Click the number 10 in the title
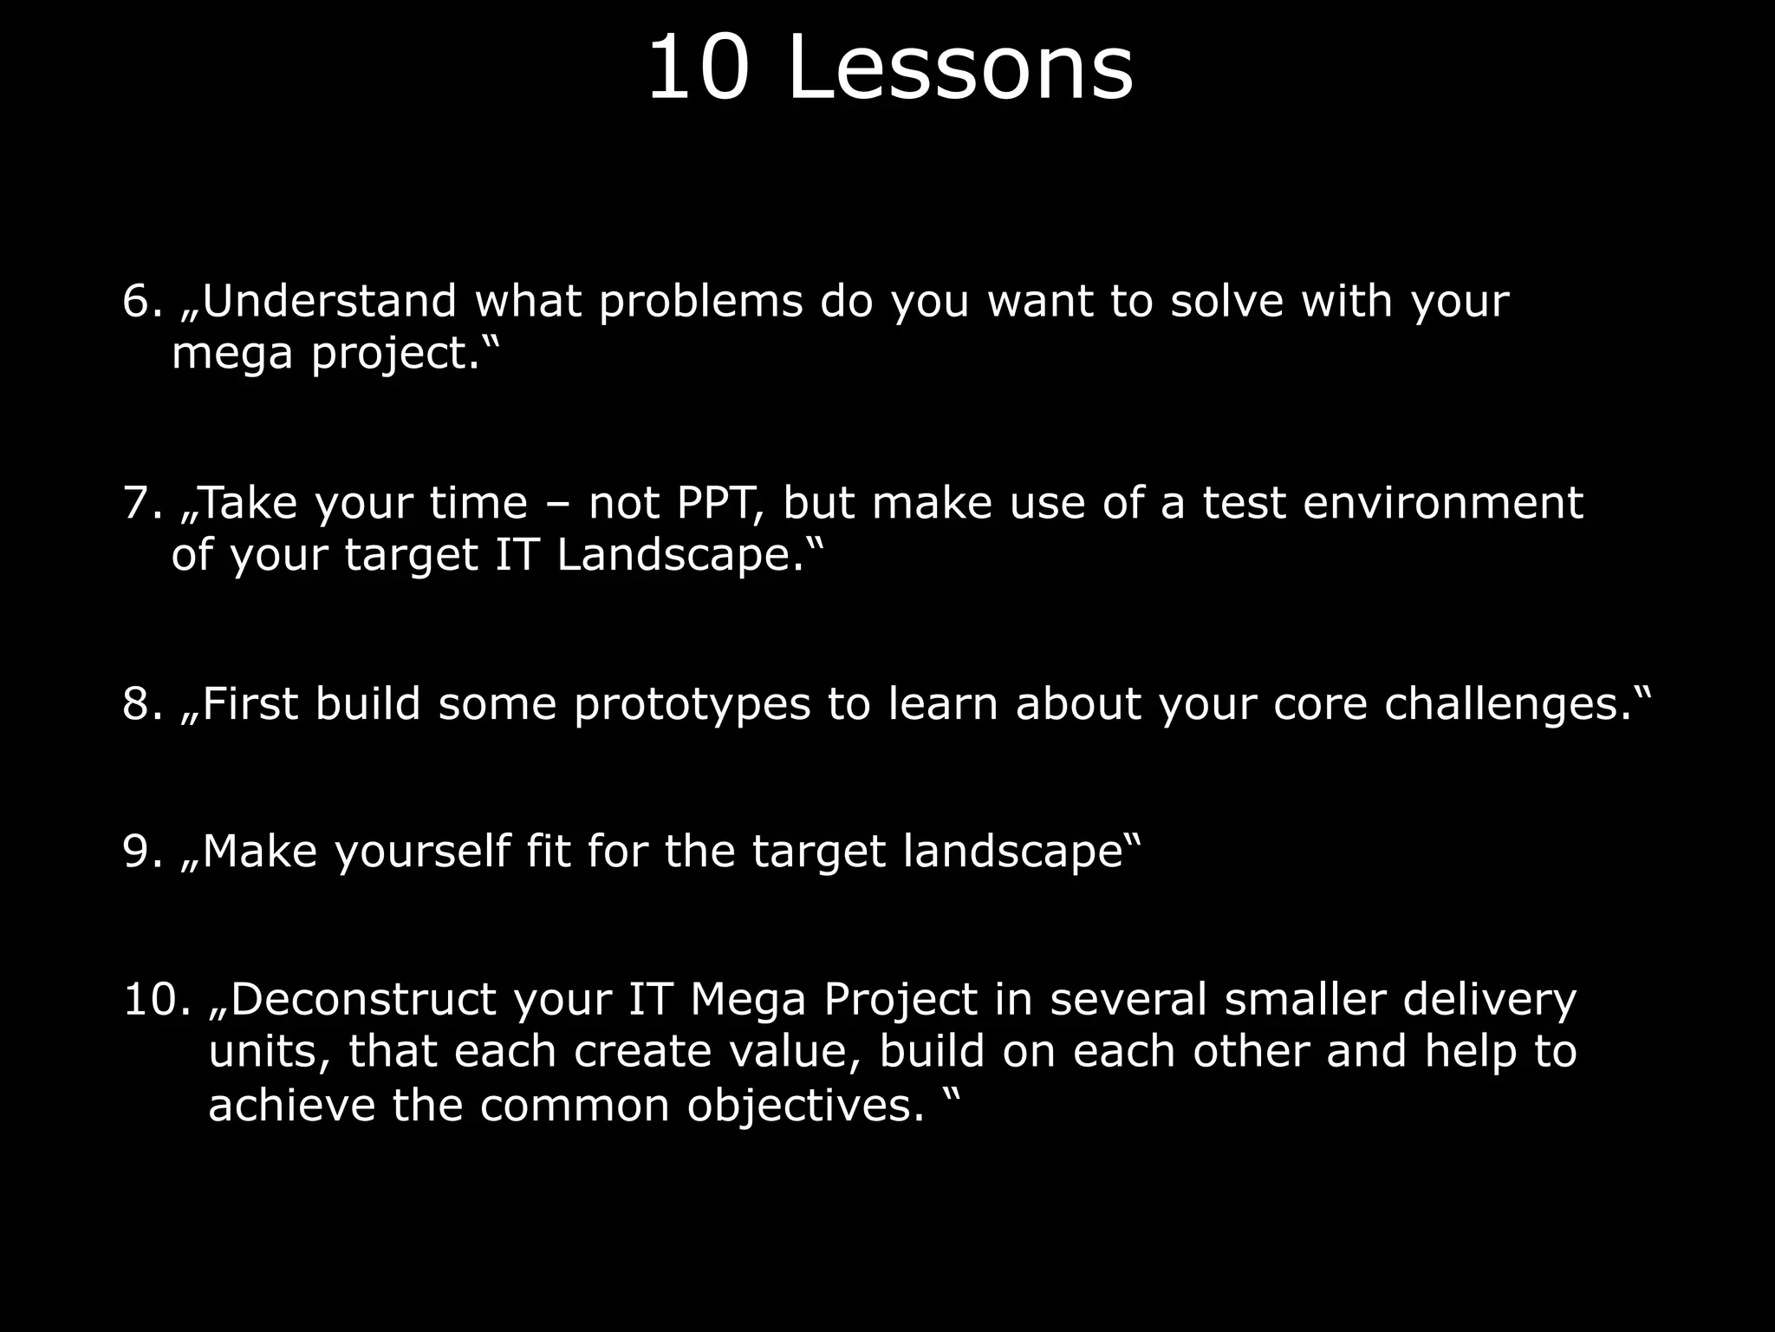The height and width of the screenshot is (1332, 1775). coord(698,69)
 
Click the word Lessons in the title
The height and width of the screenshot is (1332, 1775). coord(960,69)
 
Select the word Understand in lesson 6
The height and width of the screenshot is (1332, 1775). coord(329,302)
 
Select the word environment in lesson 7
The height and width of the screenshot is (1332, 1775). coord(1442,503)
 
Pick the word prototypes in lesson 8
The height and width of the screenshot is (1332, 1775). coord(692,705)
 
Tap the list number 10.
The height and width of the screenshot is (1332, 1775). coord(156,999)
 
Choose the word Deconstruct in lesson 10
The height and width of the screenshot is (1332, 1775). coord(363,999)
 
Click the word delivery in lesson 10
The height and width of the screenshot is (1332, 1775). coord(1489,1001)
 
